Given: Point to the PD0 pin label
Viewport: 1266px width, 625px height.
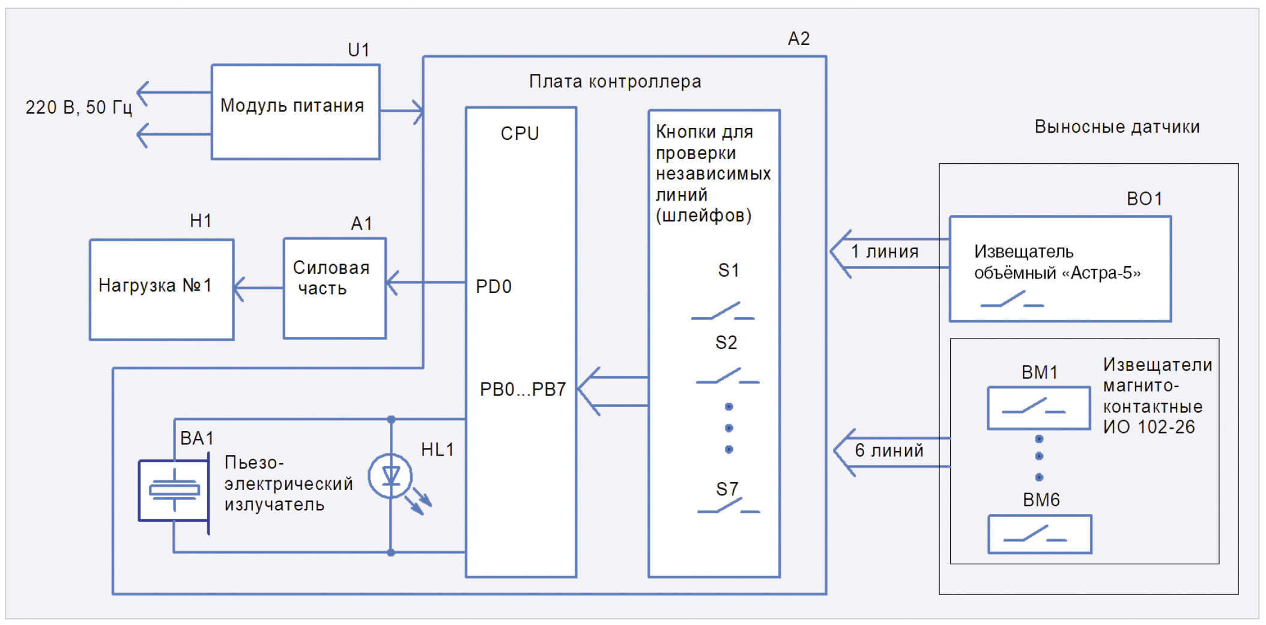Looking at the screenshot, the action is point(494,286).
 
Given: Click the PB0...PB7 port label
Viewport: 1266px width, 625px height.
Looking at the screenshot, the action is point(522,389).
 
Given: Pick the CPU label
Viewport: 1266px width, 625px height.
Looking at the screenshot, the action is point(520,133).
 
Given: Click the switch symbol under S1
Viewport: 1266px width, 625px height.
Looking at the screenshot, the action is point(723,311).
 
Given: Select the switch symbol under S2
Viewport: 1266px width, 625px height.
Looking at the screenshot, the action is point(727,376).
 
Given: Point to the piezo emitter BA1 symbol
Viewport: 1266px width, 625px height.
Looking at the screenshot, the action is point(174,490).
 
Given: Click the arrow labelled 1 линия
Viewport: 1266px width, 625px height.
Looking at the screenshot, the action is point(889,253).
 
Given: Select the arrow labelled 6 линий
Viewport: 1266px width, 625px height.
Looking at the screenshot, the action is point(892,452).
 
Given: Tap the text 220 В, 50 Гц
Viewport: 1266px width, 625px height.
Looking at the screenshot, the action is point(79,107).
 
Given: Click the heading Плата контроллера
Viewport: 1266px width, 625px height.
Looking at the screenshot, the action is point(615,82).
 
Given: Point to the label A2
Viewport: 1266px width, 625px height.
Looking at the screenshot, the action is point(799,39).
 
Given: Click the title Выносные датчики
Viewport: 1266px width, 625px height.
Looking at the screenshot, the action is point(1117,127).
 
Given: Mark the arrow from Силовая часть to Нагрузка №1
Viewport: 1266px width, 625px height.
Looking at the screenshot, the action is point(258,289).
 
